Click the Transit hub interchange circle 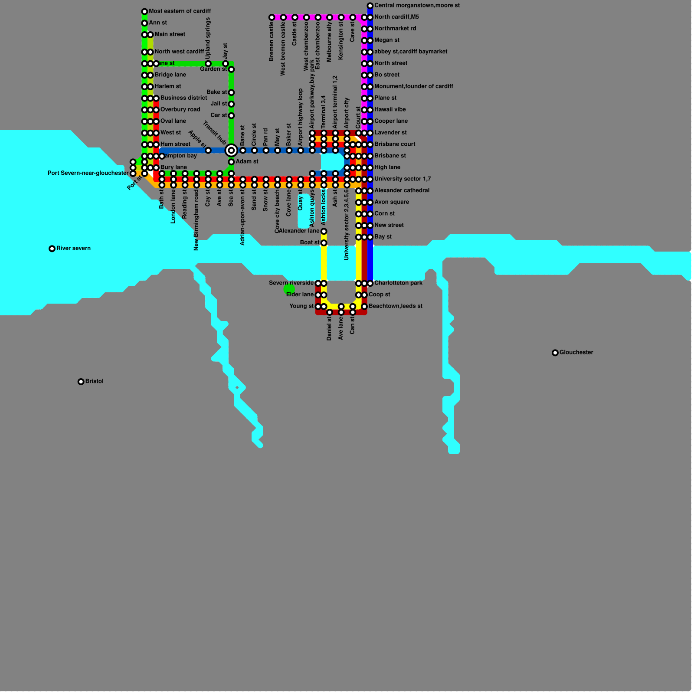(231, 151)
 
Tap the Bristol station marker (81, 382)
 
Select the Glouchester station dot (555, 353)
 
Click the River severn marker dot (52, 249)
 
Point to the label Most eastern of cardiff (180, 11)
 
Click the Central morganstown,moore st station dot (370, 6)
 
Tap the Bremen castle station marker (272, 17)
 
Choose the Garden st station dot (231, 69)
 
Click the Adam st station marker (231, 162)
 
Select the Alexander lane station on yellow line (324, 231)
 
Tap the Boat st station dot (324, 243)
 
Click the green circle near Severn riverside (289, 289)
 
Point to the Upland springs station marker (208, 64)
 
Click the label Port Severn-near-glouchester (88, 173)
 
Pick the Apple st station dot (208, 151)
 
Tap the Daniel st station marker (330, 312)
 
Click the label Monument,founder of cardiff (413, 86)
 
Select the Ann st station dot (144, 23)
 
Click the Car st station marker (231, 116)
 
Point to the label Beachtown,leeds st (395, 306)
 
